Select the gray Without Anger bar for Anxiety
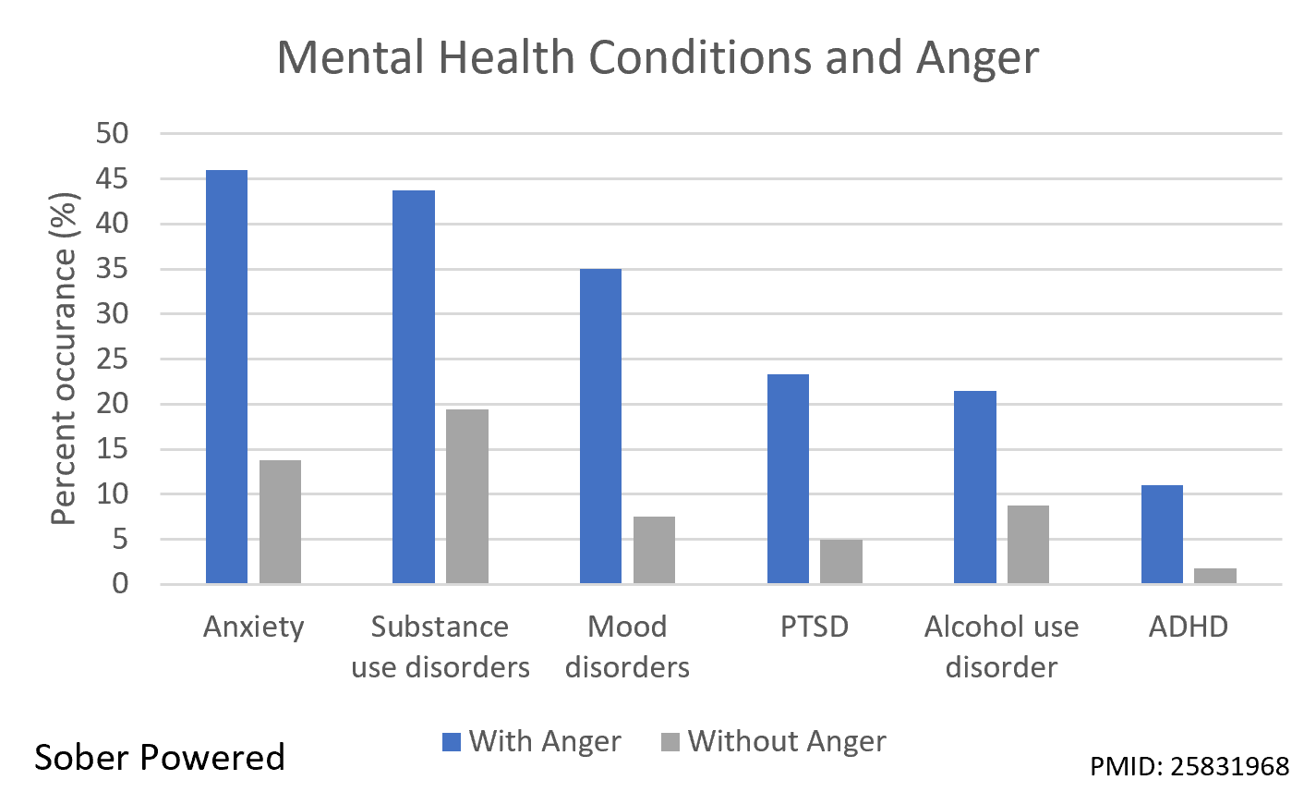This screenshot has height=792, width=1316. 280,521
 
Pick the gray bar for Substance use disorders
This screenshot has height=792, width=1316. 466,496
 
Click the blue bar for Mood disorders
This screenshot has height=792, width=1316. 600,426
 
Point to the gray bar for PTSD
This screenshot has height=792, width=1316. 840,561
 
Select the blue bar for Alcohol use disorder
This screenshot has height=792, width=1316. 974,487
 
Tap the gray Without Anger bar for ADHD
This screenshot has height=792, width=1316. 1214,576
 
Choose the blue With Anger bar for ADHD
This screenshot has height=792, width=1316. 1162,534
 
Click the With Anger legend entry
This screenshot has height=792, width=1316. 532,741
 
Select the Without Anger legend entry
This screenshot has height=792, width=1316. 774,741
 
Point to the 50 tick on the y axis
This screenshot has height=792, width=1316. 112,134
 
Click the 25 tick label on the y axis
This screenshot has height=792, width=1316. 112,359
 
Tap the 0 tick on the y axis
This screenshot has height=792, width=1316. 120,584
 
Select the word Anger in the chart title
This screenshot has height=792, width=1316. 977,57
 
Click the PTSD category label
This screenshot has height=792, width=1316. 814,627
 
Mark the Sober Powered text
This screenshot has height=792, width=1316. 160,757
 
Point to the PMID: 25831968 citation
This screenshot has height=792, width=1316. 1189,766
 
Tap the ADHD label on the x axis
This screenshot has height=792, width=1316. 1188,627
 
